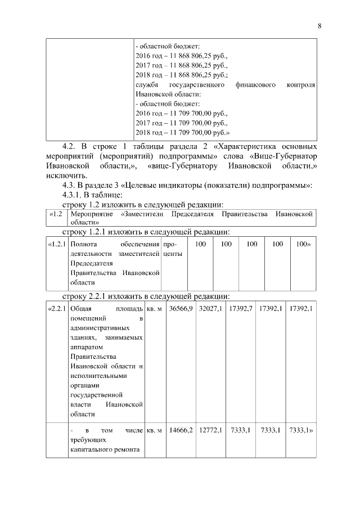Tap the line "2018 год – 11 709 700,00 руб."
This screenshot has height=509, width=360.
click(183, 133)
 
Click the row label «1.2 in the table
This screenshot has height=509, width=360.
click(55, 215)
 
